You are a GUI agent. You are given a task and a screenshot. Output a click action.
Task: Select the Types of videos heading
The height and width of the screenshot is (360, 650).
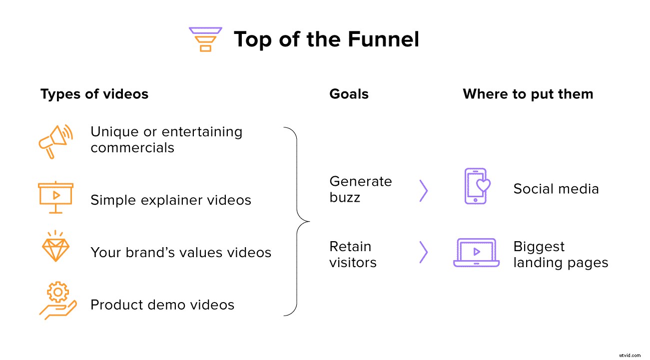point(94,94)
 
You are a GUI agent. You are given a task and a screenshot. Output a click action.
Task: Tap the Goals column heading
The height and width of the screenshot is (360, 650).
point(349,94)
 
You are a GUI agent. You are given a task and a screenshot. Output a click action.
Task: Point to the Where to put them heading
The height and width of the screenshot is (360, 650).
point(528,94)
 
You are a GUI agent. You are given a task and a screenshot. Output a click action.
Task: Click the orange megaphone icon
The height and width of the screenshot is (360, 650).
point(55,141)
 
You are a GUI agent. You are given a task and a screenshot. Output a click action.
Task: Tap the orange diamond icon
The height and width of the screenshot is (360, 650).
point(55,247)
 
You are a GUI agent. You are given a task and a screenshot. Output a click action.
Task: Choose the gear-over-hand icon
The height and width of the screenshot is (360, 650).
point(57,301)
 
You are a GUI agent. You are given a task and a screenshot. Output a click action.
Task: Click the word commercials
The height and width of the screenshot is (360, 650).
point(132,148)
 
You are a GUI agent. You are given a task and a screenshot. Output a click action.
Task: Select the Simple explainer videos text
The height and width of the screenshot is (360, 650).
point(170,200)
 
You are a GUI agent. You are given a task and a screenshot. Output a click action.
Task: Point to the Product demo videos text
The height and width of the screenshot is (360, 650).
point(162,305)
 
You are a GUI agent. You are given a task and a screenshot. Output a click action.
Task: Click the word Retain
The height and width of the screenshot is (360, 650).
point(350,247)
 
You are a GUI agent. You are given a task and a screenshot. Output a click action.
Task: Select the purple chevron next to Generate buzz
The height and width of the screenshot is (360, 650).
point(424,190)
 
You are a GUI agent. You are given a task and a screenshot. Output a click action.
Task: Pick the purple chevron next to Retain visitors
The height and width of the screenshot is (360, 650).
point(424,253)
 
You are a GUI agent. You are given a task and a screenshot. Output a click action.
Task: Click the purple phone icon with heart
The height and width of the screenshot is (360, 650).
point(477,186)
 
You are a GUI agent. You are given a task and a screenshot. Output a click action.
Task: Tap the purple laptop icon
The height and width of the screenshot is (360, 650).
point(476,253)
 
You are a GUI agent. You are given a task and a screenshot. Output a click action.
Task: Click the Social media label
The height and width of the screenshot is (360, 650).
point(556,189)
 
